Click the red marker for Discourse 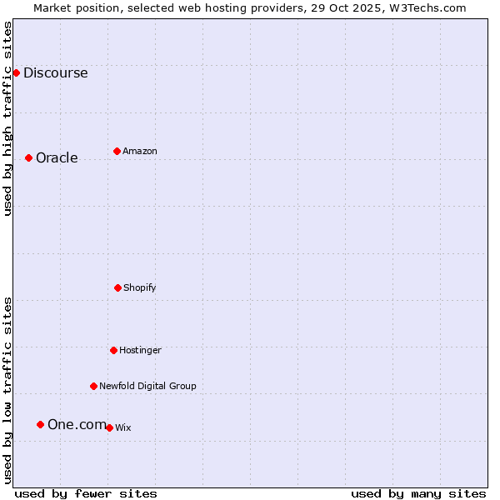coord(16,72)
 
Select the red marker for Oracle coord(28,157)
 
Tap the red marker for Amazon coord(117,151)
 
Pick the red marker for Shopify coord(117,287)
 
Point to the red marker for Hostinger coord(113,350)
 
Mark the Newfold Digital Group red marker coord(93,386)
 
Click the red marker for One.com coord(40,424)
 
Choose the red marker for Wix coord(109,427)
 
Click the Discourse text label coord(55,72)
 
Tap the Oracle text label coord(57,158)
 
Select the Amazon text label coord(140,151)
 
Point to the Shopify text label coord(140,287)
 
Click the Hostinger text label coord(140,350)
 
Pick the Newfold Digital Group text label coord(147,386)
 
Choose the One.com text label coord(77,425)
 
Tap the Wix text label coord(123,427)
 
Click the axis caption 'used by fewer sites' coord(86,493)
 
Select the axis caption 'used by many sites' coord(418,493)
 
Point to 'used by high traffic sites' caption coord(7,118)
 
